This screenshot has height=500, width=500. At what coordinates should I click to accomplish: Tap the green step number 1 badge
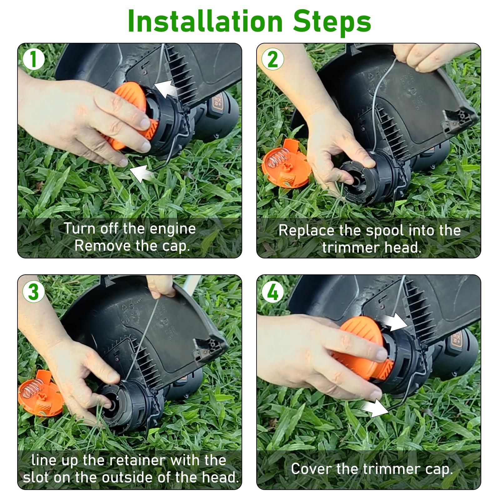33,59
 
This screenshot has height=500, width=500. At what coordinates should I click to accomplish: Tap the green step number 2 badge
273,59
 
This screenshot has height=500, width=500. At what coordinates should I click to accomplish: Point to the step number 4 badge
273,292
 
